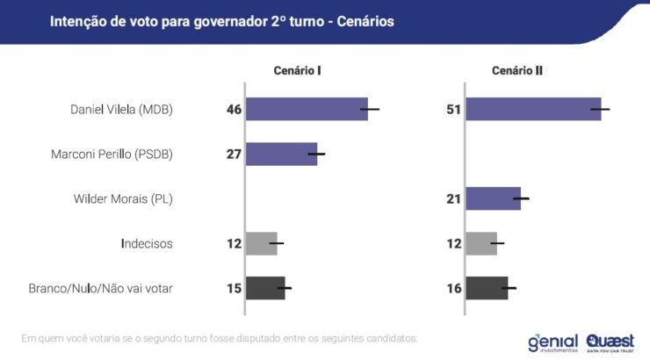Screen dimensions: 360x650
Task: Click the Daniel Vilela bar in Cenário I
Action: click(306, 109)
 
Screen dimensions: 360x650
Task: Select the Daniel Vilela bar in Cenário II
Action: click(532, 109)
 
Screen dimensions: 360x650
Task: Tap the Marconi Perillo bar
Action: click(281, 154)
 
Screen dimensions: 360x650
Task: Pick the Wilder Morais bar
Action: click(493, 198)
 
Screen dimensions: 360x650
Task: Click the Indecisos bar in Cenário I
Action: click(261, 243)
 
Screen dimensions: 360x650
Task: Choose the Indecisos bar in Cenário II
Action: click(480, 243)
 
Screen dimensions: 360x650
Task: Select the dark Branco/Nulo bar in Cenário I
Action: click(265, 288)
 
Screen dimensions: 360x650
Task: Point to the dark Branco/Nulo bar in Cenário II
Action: click(487, 288)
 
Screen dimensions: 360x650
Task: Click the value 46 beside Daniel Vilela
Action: click(234, 110)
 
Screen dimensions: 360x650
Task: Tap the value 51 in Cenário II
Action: click(454, 110)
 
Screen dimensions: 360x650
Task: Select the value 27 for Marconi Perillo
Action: click(234, 155)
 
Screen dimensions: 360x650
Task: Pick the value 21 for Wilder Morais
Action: click(454, 199)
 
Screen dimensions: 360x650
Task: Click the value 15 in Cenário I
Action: click(234, 288)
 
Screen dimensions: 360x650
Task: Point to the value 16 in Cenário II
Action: click(454, 288)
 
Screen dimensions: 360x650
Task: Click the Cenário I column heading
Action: click(294, 70)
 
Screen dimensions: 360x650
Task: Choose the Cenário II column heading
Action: click(516, 70)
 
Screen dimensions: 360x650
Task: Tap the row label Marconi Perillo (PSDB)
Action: click(112, 155)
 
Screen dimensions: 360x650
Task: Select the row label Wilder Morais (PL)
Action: click(123, 199)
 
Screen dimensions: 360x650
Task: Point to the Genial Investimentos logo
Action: click(552, 342)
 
